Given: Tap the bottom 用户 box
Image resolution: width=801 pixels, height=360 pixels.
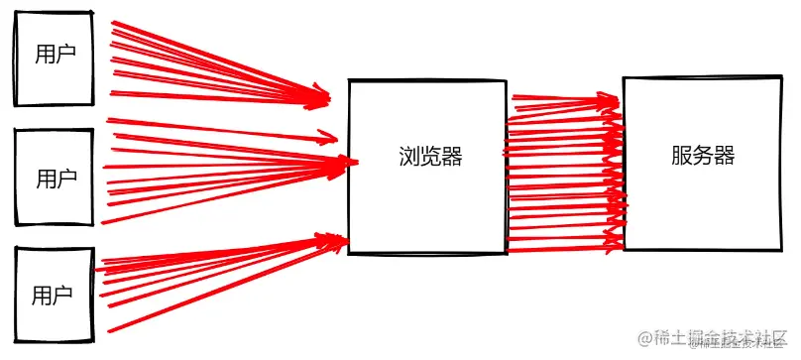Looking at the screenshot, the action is [54, 293].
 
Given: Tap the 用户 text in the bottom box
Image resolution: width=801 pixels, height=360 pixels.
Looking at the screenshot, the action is [53, 295].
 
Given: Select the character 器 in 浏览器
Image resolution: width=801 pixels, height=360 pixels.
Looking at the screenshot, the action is [452, 157].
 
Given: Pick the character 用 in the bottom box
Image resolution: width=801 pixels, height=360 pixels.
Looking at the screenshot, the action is [42, 295].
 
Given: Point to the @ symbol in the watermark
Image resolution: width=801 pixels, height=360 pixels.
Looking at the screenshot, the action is [646, 338].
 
